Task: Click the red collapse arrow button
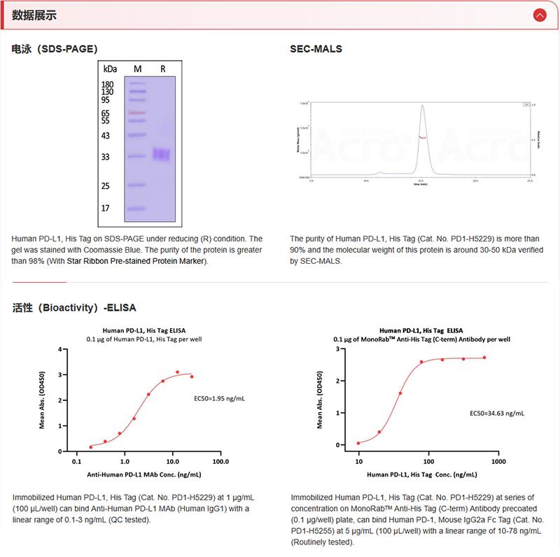(539, 15)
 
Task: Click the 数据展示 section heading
(35, 15)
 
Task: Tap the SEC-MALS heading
(316, 49)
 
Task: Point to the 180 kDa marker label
(107, 85)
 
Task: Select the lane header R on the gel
(162, 69)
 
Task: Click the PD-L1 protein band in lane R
(162, 154)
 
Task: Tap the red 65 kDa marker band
(136, 113)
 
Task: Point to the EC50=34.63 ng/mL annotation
(496, 414)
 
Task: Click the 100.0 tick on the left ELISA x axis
(220, 462)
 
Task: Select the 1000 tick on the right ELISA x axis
(498, 462)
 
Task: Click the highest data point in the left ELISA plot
(178, 372)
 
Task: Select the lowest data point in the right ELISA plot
(358, 443)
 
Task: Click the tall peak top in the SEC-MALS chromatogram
(422, 106)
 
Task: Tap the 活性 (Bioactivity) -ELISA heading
(74, 307)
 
